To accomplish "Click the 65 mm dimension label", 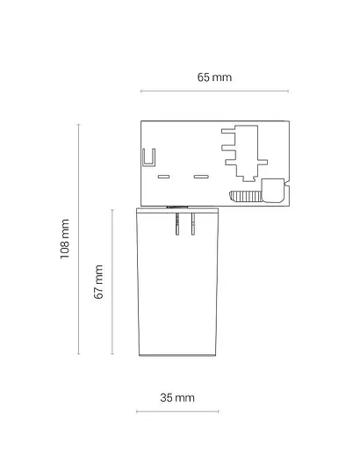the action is click(214, 77).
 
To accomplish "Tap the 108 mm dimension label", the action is click(65, 239).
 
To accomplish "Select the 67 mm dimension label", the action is click(98, 282).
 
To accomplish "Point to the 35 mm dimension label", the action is click(177, 397).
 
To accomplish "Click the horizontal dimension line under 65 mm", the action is click(214, 91).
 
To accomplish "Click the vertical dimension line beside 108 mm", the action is click(78, 239).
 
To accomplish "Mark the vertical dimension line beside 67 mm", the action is click(112, 282).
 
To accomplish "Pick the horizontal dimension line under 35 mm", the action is click(177, 411).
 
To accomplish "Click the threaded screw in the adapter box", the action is click(245, 196).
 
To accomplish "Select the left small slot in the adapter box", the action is click(163, 177).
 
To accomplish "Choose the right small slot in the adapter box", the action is click(201, 177).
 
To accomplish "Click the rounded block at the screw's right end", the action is click(272, 191).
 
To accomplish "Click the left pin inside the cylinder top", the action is click(177, 224).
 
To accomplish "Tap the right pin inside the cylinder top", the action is click(193, 224).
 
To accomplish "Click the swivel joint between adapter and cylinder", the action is click(177, 207).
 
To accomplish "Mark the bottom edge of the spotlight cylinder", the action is click(177, 355).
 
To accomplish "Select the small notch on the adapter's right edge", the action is click(287, 185).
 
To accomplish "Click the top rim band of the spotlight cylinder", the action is click(177, 209).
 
